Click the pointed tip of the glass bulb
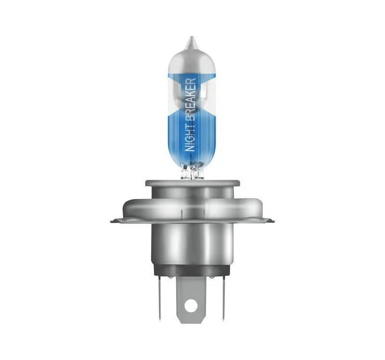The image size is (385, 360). tap(192, 37)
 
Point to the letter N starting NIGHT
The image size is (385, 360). tap(190, 148)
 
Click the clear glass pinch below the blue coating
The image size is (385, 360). tap(192, 171)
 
